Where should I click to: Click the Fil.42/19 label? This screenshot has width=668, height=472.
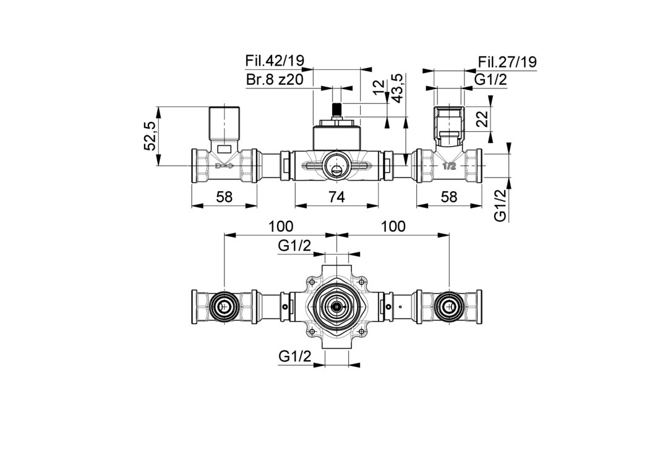[x=275, y=61]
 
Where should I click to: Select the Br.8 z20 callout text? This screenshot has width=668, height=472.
[x=275, y=80]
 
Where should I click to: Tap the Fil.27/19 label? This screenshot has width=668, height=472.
[x=507, y=62]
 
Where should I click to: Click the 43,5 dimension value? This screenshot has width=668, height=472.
[x=396, y=88]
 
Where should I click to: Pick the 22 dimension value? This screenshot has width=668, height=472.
[x=482, y=120]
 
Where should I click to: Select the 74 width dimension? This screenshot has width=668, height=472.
[x=336, y=197]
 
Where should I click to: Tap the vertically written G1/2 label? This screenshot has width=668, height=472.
[x=500, y=205]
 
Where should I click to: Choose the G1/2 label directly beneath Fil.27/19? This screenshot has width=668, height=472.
[x=490, y=80]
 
